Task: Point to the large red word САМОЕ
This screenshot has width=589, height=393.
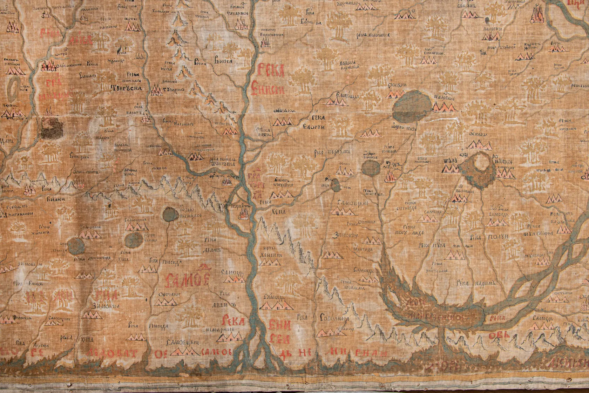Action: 188,280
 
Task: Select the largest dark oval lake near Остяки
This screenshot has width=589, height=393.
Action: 412,106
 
